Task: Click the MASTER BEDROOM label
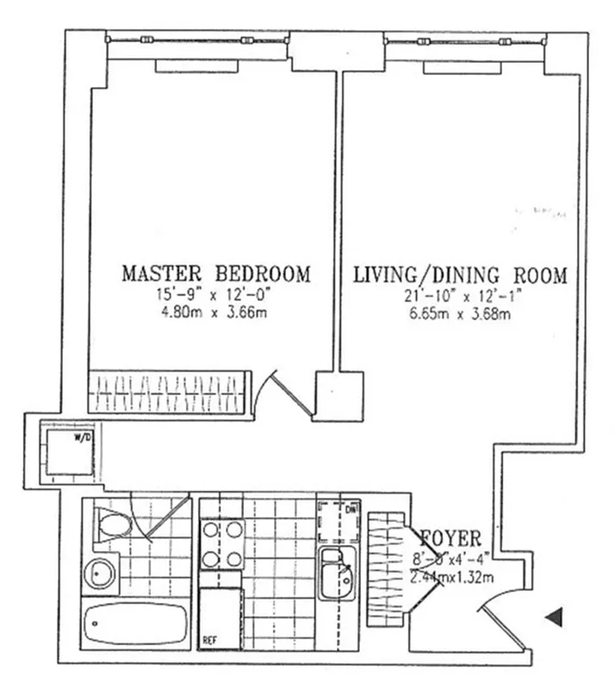click(215, 275)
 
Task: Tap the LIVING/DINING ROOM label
click(460, 276)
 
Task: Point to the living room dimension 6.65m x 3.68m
click(460, 314)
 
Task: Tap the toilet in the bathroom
click(113, 525)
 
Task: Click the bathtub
click(137, 620)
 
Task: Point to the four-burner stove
click(221, 544)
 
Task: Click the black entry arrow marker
click(556, 616)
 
